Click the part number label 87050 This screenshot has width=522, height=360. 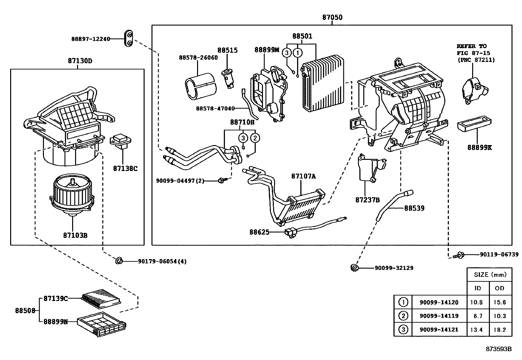(332, 17)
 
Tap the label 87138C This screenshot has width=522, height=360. (125, 168)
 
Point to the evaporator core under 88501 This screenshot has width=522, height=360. (323, 84)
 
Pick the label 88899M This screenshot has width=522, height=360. (267, 50)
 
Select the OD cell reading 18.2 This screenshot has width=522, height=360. (499, 330)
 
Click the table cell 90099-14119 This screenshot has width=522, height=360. (439, 316)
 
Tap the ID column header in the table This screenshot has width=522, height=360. (478, 289)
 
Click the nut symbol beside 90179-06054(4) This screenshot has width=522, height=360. (119, 261)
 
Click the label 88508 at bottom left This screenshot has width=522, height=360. (25, 310)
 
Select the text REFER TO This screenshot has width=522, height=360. (472, 46)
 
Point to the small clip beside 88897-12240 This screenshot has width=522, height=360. (129, 39)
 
